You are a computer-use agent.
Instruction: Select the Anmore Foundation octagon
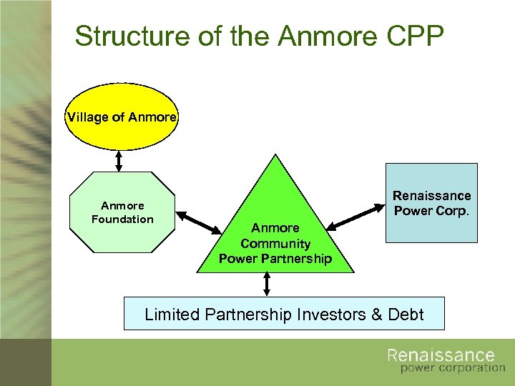(122, 212)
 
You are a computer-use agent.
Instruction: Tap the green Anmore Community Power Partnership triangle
(275, 229)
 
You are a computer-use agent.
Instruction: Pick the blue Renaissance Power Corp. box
(431, 203)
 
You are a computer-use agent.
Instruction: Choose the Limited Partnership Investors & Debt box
(284, 314)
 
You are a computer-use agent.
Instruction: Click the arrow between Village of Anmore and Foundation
(119, 161)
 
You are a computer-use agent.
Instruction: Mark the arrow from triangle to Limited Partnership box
(267, 284)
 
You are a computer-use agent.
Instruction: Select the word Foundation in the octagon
(122, 219)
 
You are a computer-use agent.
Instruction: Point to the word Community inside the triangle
(275, 243)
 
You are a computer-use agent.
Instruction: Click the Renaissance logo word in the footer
(441, 356)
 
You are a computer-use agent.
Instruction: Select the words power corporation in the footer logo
(452, 369)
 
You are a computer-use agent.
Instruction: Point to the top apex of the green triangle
(275, 155)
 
